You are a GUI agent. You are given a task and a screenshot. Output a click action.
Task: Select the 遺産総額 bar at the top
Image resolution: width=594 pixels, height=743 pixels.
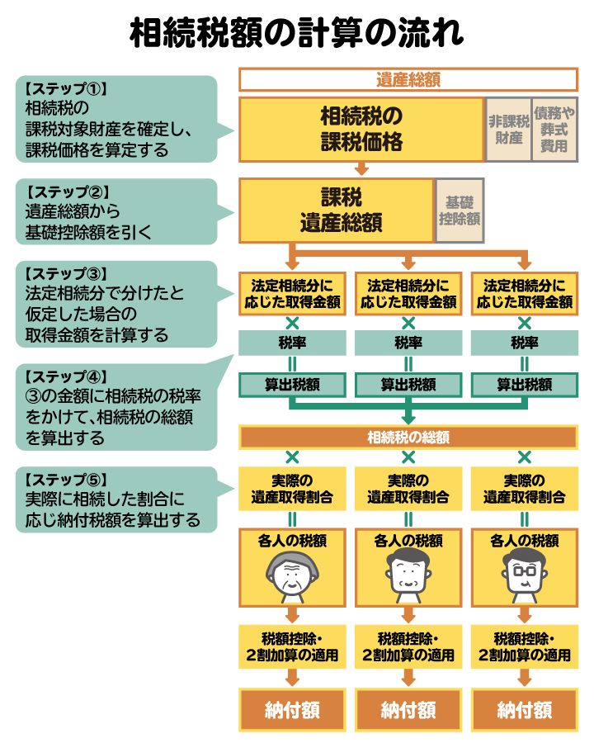tap(408, 80)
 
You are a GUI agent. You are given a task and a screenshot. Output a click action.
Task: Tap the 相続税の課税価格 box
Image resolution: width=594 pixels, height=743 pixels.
tap(361, 130)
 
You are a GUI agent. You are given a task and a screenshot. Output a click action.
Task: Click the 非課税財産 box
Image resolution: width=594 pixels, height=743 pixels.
tap(508, 130)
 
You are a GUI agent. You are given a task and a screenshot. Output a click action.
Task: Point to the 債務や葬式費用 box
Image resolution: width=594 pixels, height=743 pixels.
tap(554, 130)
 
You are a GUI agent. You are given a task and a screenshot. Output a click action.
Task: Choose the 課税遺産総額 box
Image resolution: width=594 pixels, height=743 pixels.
tap(336, 211)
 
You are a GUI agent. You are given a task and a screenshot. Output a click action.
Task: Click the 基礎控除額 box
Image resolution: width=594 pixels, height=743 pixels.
tap(460, 211)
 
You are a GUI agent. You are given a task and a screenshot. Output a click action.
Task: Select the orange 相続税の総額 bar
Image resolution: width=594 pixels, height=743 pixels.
tap(408, 438)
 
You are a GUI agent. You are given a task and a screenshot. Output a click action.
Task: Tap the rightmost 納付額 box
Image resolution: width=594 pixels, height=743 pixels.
tap(524, 709)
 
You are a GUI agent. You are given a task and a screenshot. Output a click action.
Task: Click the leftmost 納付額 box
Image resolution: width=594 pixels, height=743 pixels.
tap(292, 709)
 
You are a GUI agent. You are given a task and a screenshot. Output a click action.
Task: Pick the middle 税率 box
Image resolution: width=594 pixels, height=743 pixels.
tap(408, 343)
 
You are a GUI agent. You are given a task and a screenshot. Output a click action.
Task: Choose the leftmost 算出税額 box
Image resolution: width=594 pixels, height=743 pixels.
tap(292, 385)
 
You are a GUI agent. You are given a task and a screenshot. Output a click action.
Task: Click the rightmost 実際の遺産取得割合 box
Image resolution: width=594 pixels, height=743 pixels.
tap(524, 489)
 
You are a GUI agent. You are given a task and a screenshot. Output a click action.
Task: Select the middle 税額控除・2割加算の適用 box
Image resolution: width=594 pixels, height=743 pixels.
tap(408, 647)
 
